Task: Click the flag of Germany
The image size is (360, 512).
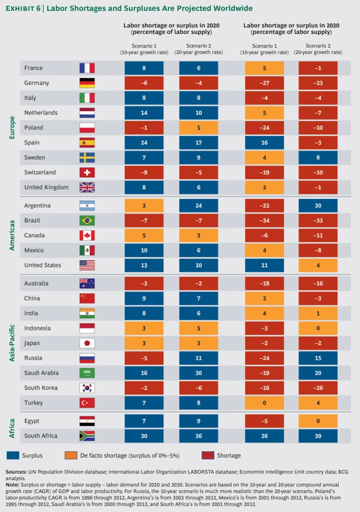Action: point(87,83)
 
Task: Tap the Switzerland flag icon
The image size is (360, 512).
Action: point(87,173)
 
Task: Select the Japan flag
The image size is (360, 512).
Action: point(87,343)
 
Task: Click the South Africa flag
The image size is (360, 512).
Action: point(87,436)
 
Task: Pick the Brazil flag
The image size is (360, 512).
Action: point(87,220)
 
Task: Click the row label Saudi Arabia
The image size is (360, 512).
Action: point(41,373)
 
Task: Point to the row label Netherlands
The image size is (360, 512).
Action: point(41,113)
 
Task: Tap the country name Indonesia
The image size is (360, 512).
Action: point(37,328)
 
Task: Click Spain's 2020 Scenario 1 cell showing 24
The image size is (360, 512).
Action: point(144,143)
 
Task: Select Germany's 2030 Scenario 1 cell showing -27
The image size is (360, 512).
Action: point(264,83)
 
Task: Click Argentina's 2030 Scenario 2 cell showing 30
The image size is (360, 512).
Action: point(318,205)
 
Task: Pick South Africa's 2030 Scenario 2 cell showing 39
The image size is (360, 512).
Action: point(318,436)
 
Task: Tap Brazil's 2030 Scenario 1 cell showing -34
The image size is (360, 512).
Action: point(264,220)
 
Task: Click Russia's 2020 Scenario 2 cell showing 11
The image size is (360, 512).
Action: point(198,358)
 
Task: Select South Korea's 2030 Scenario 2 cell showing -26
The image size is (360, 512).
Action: point(318,388)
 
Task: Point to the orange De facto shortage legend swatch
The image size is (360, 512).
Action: point(71,455)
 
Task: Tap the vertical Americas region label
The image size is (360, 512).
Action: point(13,235)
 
